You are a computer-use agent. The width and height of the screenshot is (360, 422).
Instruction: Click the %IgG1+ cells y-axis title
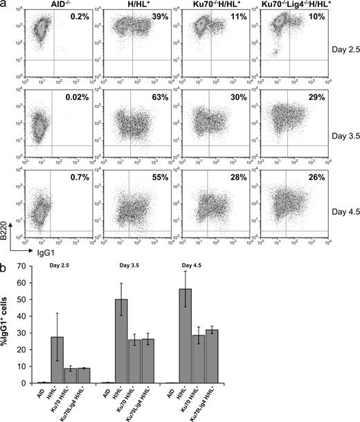click(8, 319)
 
